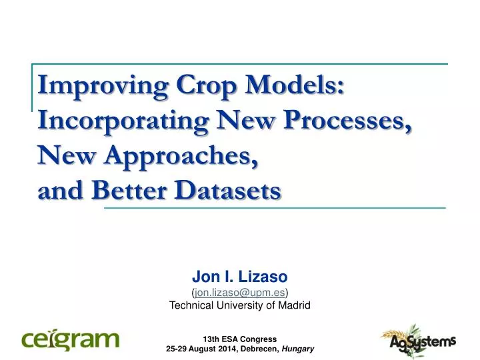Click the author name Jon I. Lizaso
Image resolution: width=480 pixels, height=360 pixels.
coord(239,276)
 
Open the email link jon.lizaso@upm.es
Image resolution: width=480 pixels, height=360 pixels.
coord(239,291)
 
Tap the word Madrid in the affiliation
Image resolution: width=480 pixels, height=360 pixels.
coord(294,305)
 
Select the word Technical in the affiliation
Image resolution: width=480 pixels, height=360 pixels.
coord(191,305)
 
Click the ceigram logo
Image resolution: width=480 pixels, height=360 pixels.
coord(71,339)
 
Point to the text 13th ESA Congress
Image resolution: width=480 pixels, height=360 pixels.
coord(239,338)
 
